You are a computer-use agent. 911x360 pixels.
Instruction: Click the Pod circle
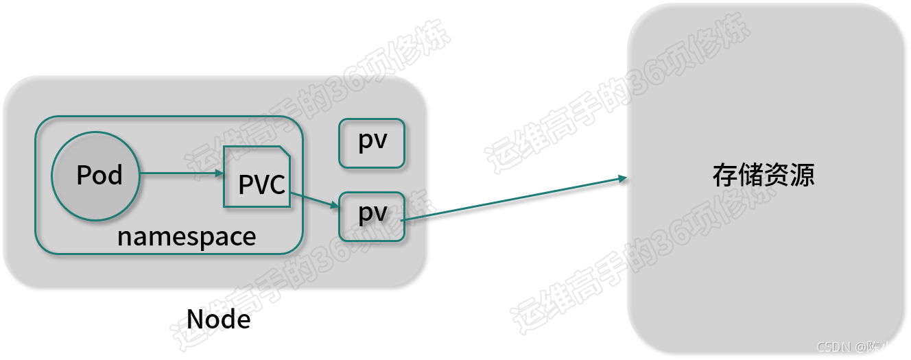pos(96,176)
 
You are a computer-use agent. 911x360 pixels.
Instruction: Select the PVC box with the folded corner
pos(256,177)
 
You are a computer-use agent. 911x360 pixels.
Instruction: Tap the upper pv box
pos(372,143)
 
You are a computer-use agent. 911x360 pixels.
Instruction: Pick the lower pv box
pos(372,216)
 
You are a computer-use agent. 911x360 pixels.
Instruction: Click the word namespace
pos(187,237)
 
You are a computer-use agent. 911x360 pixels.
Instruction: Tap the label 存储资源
pos(764,176)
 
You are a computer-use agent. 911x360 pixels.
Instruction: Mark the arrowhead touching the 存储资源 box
pos(622,179)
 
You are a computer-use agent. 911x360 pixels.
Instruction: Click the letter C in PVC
pos(276,184)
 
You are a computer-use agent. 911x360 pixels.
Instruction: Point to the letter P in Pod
pos(83,176)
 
